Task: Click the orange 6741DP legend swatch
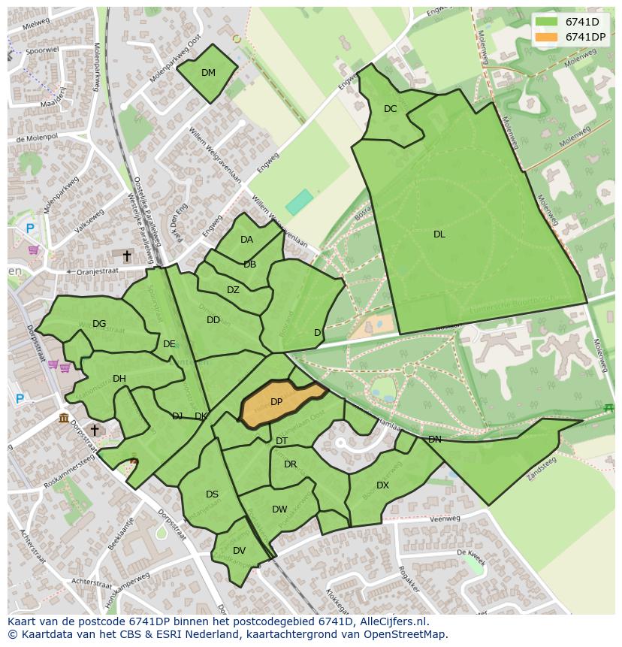tap(546, 37)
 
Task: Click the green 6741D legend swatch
tap(546, 22)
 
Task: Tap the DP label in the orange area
tap(276, 402)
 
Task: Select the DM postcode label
tap(208, 73)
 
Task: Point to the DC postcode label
tap(390, 109)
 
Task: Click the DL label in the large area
tap(439, 234)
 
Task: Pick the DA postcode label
tap(246, 240)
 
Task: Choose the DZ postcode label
tap(233, 290)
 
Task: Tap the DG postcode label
tap(99, 324)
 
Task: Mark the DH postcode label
tap(119, 379)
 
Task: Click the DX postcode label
tap(382, 485)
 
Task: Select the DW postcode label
tap(279, 509)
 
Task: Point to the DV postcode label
tap(239, 551)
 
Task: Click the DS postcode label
tap(212, 494)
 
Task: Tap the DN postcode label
tap(434, 440)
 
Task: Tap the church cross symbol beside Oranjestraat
tap(127, 257)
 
